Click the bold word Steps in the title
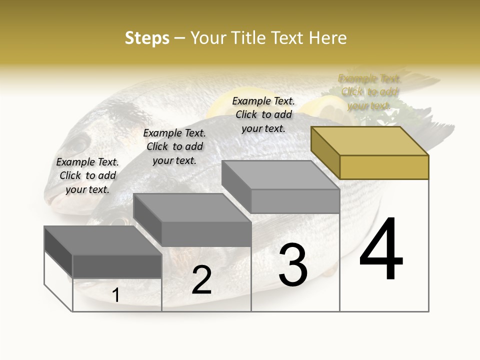pos(147,38)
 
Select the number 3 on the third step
pos(293,264)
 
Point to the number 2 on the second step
pos(201,280)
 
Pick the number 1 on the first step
pos(116,295)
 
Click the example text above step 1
pos(88,176)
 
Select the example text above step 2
pos(174,146)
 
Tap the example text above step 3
pos(263,114)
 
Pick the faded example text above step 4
pos(369,92)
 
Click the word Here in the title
pos(327,38)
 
